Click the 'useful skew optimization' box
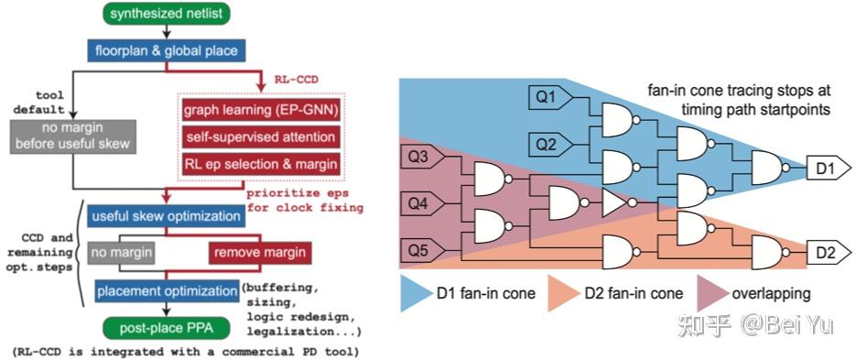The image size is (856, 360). (x=163, y=217)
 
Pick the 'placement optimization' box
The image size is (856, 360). (x=163, y=291)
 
